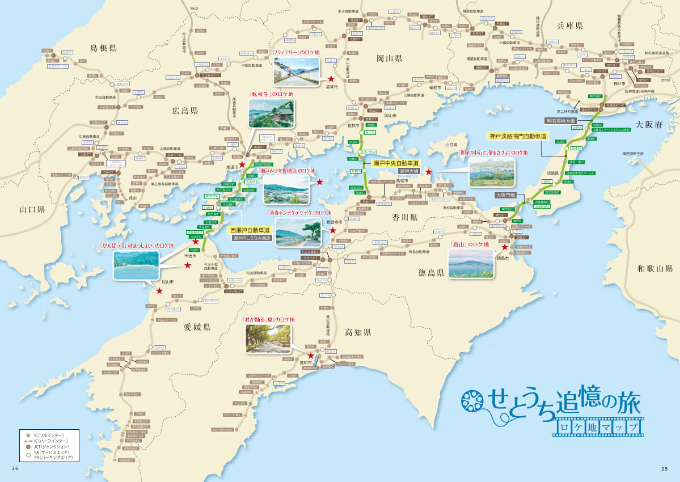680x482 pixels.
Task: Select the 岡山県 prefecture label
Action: (x=389, y=58)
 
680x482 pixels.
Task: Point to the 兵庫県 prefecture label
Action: (x=570, y=26)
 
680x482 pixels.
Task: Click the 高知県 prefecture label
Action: (x=357, y=333)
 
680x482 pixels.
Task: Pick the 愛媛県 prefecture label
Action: (x=197, y=327)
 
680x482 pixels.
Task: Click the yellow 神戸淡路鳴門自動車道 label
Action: (x=517, y=136)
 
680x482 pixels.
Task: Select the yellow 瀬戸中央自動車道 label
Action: (x=396, y=163)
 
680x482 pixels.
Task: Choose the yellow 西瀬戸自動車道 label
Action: (x=250, y=231)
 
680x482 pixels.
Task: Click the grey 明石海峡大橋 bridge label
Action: (x=560, y=121)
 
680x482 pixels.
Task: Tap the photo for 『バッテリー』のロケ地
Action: (x=296, y=71)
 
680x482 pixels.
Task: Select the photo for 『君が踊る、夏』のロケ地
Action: (x=268, y=339)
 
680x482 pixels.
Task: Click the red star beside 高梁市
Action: (x=330, y=79)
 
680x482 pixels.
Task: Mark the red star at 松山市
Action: (x=159, y=291)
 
